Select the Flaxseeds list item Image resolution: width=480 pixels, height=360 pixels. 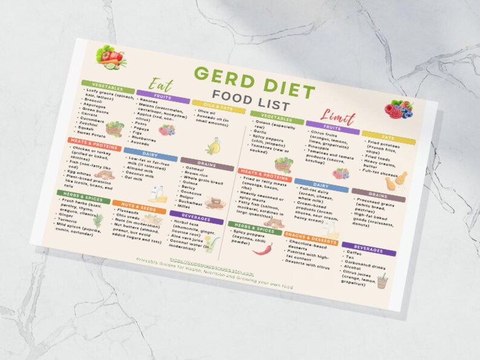pos(128,213)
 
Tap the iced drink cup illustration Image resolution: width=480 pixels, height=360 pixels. pos(382,281)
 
